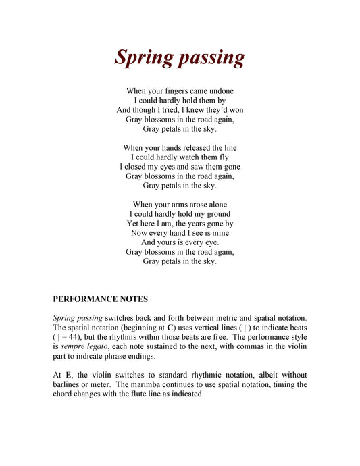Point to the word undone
220,90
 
